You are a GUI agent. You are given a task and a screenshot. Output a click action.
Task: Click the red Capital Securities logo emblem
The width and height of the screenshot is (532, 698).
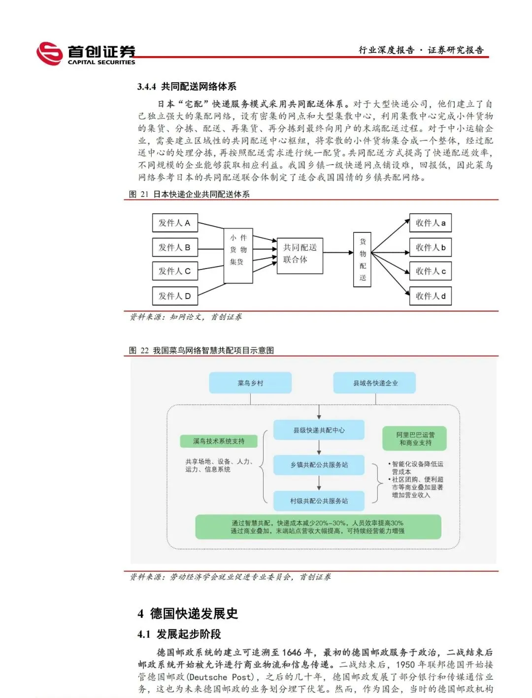(49, 53)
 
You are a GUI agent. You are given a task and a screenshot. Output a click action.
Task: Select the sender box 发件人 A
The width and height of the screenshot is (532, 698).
(175, 223)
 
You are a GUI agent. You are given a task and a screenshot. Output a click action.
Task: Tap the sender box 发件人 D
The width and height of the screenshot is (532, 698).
(175, 296)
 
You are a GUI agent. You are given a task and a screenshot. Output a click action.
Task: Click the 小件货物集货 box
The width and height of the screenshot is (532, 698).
(238, 255)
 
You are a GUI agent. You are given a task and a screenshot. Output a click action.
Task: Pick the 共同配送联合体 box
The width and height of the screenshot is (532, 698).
(299, 253)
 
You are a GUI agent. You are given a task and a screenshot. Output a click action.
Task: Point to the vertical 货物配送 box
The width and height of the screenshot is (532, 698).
(362, 260)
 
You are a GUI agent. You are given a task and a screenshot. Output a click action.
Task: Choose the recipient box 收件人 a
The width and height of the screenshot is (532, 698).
(430, 223)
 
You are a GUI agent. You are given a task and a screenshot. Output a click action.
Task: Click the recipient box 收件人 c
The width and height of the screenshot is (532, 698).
(430, 271)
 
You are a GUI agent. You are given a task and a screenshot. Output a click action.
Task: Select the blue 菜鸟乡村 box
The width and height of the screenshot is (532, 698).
(250, 383)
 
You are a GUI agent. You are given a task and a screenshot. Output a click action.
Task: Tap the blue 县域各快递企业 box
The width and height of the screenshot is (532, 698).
(375, 383)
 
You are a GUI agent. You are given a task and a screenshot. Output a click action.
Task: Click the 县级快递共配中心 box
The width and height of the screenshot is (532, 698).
(319, 430)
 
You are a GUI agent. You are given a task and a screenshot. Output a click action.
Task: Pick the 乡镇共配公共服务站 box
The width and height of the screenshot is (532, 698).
(319, 465)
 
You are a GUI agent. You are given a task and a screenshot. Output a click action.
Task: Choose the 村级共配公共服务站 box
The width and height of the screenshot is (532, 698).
(319, 501)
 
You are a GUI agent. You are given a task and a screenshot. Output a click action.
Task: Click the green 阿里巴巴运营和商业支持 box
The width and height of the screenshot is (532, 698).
(415, 438)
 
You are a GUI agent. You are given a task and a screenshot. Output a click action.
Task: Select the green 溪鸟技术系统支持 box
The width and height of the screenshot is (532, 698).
(218, 441)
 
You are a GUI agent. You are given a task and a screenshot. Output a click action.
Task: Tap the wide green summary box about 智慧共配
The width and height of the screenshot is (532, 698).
(318, 527)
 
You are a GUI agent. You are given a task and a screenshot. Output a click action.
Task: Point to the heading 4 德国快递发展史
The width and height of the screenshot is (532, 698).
(188, 613)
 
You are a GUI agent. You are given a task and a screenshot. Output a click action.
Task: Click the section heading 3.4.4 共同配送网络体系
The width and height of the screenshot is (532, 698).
(187, 87)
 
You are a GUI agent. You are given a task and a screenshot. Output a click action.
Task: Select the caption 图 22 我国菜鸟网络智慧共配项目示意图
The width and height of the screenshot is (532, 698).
(201, 350)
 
